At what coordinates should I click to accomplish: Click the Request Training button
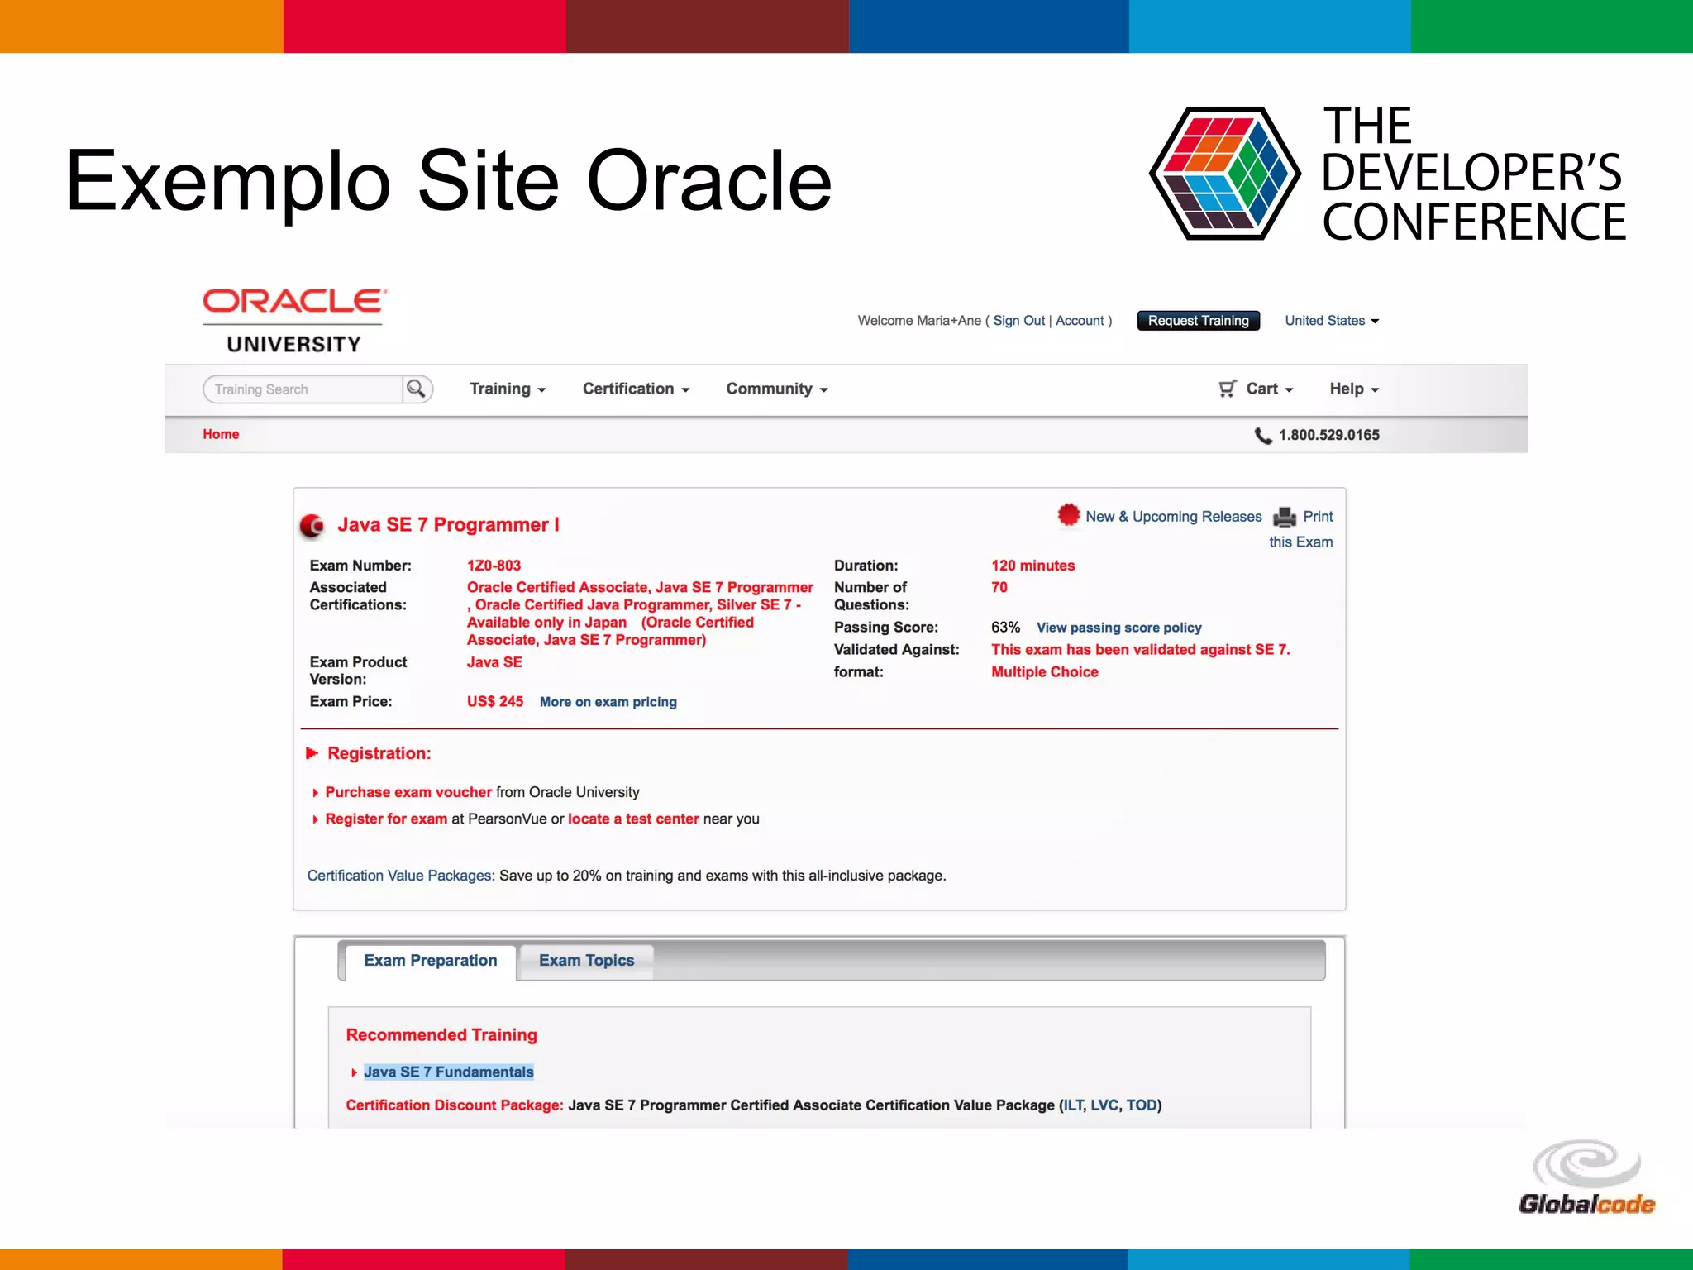(x=1198, y=321)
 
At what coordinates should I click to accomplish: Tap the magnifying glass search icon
(x=417, y=389)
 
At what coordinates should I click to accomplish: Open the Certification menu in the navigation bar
(x=635, y=389)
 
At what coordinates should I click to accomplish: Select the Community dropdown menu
(x=776, y=389)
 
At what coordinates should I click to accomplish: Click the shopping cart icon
(x=1228, y=389)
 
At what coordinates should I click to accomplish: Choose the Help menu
(x=1353, y=389)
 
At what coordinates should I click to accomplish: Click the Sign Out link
(x=1018, y=321)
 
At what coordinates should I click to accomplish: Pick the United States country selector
(x=1331, y=321)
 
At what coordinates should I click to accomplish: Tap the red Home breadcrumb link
(x=221, y=434)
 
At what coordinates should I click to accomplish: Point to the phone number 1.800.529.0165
(x=1328, y=435)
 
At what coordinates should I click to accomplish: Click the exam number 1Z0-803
(x=494, y=566)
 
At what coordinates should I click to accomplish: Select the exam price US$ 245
(x=494, y=701)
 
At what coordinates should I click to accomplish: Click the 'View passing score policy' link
(x=1118, y=628)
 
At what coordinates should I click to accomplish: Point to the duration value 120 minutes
(x=1032, y=566)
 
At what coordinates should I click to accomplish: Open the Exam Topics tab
(x=586, y=961)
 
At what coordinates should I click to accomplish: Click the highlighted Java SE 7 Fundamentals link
(x=448, y=1072)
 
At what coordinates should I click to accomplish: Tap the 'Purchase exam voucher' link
(x=408, y=792)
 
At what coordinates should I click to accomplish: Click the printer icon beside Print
(x=1285, y=517)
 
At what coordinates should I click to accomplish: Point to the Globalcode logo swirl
(x=1586, y=1163)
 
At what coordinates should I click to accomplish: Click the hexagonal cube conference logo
(x=1225, y=174)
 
